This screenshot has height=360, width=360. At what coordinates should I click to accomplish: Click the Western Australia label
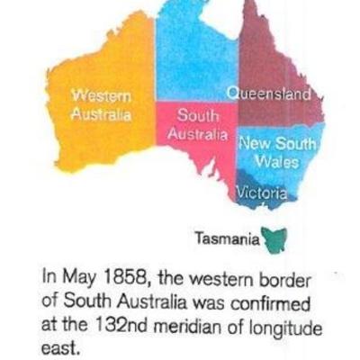(101, 104)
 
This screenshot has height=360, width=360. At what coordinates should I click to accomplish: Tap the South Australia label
(196, 124)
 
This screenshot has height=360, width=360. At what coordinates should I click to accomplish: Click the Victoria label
(261, 193)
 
